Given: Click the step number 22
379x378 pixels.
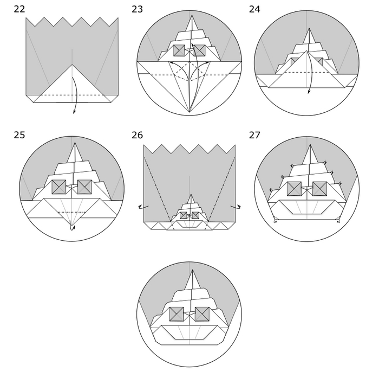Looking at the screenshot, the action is tap(19, 9).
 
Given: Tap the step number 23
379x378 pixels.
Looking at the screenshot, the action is tap(137, 9).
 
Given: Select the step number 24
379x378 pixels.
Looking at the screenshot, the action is tap(254, 9).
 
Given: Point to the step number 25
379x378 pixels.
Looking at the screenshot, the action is tap(19, 135).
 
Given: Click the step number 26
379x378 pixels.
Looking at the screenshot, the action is tap(137, 135).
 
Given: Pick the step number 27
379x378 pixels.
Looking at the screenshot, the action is tap(254, 135).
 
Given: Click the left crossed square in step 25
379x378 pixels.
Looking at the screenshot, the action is tap(59, 187).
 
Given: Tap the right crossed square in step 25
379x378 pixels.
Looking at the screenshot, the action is tap(84, 187).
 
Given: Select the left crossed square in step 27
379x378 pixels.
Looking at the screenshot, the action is tap(294, 189).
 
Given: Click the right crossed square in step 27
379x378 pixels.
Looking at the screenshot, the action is tap(320, 189).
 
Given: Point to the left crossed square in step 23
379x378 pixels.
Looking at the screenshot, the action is tap(179, 50).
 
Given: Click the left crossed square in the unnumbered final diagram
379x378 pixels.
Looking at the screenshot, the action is tap(177, 314).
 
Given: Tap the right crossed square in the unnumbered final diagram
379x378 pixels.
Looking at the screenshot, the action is tap(202, 314).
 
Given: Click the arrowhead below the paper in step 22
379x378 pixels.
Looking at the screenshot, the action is tap(74, 112).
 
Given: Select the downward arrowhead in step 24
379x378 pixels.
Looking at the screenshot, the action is tap(309, 92).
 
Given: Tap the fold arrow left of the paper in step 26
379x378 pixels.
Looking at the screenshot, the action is tap(143, 207).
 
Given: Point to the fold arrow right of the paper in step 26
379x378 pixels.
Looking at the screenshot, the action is tap(236, 207).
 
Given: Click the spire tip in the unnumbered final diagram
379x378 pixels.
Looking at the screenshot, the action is tap(192, 270).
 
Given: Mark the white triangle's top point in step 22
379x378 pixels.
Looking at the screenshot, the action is tap(72, 65).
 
